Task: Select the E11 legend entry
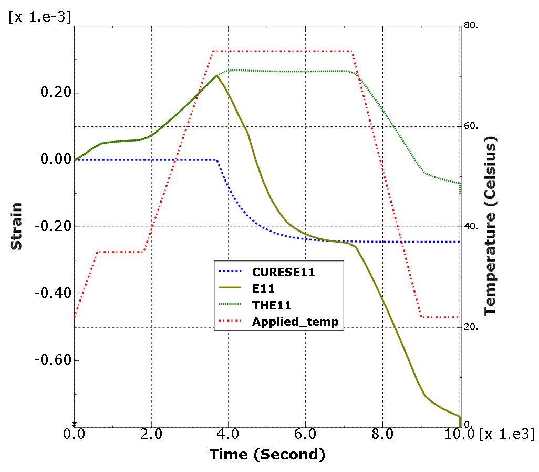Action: pyautogui.click(x=264, y=288)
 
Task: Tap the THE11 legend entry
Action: pyautogui.click(x=272, y=305)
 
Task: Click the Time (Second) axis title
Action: pyautogui.click(x=267, y=454)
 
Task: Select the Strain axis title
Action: pyautogui.click(x=17, y=226)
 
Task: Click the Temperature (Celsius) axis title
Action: pyautogui.click(x=491, y=226)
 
